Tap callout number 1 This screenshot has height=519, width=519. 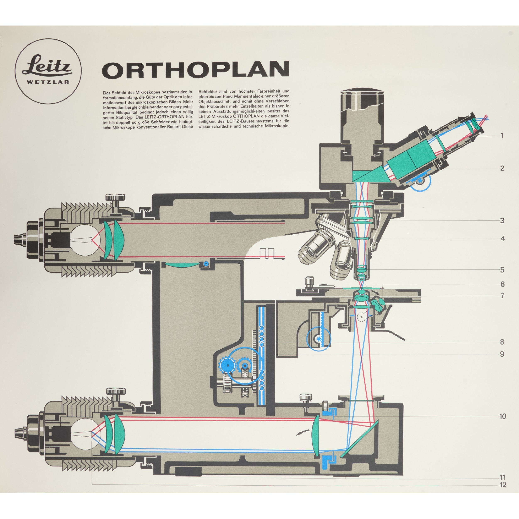502,135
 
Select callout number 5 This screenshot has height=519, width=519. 502,270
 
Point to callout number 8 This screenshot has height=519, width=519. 502,342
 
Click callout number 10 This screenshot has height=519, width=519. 502,416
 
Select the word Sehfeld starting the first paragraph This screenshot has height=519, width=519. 119,92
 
